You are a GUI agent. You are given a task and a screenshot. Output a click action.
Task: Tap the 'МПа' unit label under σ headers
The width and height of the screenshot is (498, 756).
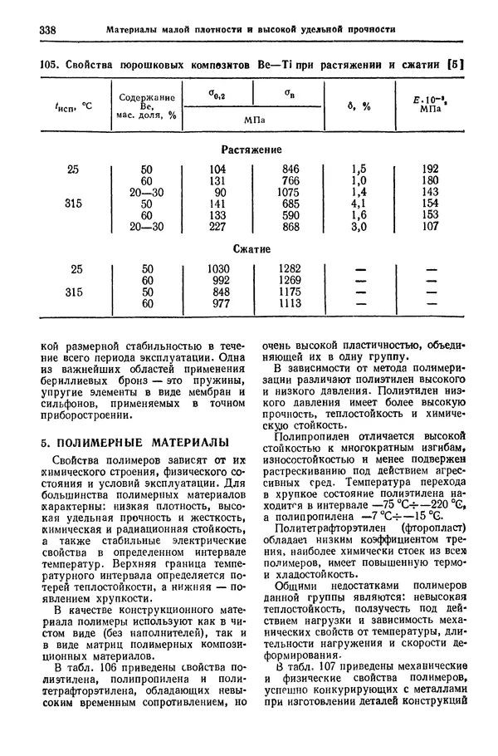coord(255,120)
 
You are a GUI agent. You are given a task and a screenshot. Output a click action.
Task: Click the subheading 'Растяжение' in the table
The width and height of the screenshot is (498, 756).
coord(252,150)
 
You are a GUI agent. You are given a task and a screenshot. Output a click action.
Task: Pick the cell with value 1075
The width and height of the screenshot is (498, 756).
coord(290,191)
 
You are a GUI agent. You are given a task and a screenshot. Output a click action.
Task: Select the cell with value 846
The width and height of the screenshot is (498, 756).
coord(290,169)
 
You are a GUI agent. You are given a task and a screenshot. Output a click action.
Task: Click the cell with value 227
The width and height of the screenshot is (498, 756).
coord(218,225)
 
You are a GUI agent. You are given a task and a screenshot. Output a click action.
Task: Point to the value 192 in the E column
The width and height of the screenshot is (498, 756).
coord(430,169)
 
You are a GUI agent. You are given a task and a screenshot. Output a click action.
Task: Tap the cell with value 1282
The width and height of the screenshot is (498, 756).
coord(290,268)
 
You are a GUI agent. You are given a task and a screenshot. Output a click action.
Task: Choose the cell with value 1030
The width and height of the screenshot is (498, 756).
coord(218,268)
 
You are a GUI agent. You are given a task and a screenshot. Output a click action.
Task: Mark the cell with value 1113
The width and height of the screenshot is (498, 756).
coord(290,303)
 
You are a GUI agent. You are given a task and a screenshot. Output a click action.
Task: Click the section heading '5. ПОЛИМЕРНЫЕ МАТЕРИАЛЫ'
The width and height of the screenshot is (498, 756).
coord(134,442)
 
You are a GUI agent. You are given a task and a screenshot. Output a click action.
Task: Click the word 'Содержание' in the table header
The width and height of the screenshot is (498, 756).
coord(147,96)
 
